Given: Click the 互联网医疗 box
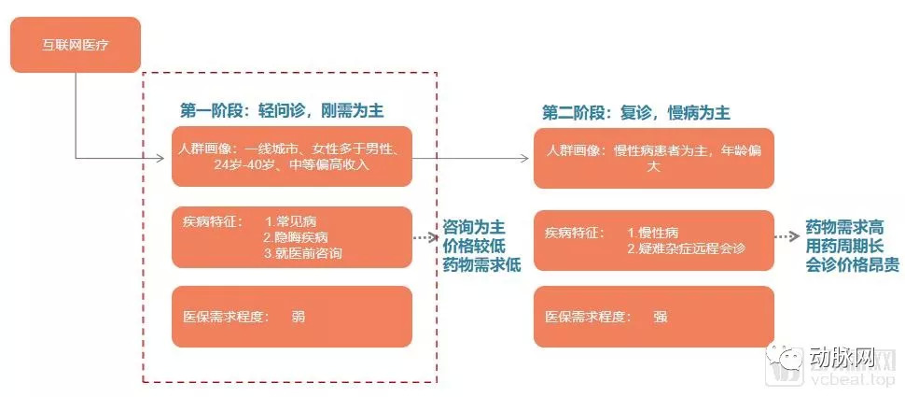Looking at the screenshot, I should click(x=75, y=44).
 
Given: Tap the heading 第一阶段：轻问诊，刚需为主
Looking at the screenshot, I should click(x=281, y=110).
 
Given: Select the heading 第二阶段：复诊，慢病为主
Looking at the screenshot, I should click(x=635, y=113).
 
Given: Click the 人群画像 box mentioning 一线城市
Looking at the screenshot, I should click(x=291, y=157).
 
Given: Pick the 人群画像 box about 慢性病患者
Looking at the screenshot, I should click(x=653, y=158).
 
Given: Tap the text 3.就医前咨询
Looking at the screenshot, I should click(x=303, y=252).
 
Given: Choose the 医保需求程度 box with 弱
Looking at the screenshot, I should click(x=291, y=317).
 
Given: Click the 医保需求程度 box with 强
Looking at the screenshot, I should click(x=653, y=317).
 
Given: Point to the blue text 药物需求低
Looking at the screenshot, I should click(x=481, y=265).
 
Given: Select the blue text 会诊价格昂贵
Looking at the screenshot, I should click(x=852, y=265).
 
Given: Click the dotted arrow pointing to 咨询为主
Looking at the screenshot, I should click(x=425, y=238).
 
